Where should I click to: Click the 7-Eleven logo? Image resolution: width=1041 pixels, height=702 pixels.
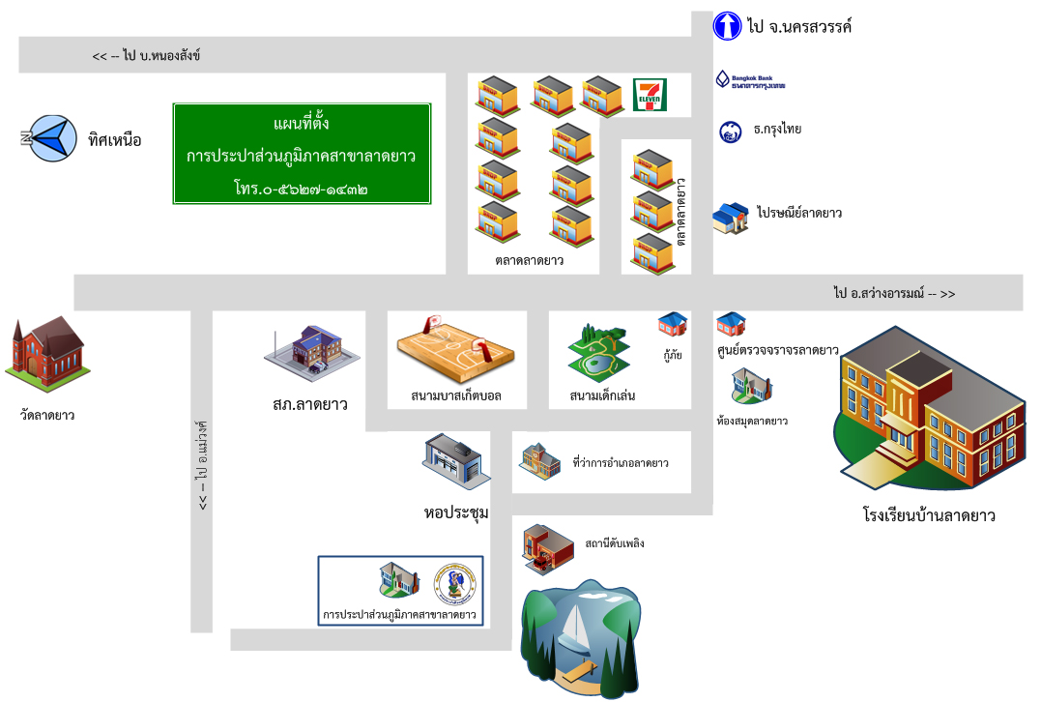(649, 96)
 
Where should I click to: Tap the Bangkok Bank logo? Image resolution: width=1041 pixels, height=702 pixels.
(750, 79)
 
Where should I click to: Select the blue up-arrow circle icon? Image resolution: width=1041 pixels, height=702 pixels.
(727, 26)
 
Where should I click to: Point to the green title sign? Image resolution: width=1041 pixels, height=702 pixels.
(301, 154)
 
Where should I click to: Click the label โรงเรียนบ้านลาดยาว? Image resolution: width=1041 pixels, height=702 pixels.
(930, 515)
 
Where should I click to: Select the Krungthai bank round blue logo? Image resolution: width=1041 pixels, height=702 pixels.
(731, 131)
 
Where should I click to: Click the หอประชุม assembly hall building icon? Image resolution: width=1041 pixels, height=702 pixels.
(454, 462)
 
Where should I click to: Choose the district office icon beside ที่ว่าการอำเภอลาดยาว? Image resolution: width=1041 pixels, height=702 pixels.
(540, 460)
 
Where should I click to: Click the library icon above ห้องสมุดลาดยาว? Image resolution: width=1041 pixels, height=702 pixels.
(752, 386)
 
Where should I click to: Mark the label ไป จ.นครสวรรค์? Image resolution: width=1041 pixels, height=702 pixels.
(799, 27)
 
